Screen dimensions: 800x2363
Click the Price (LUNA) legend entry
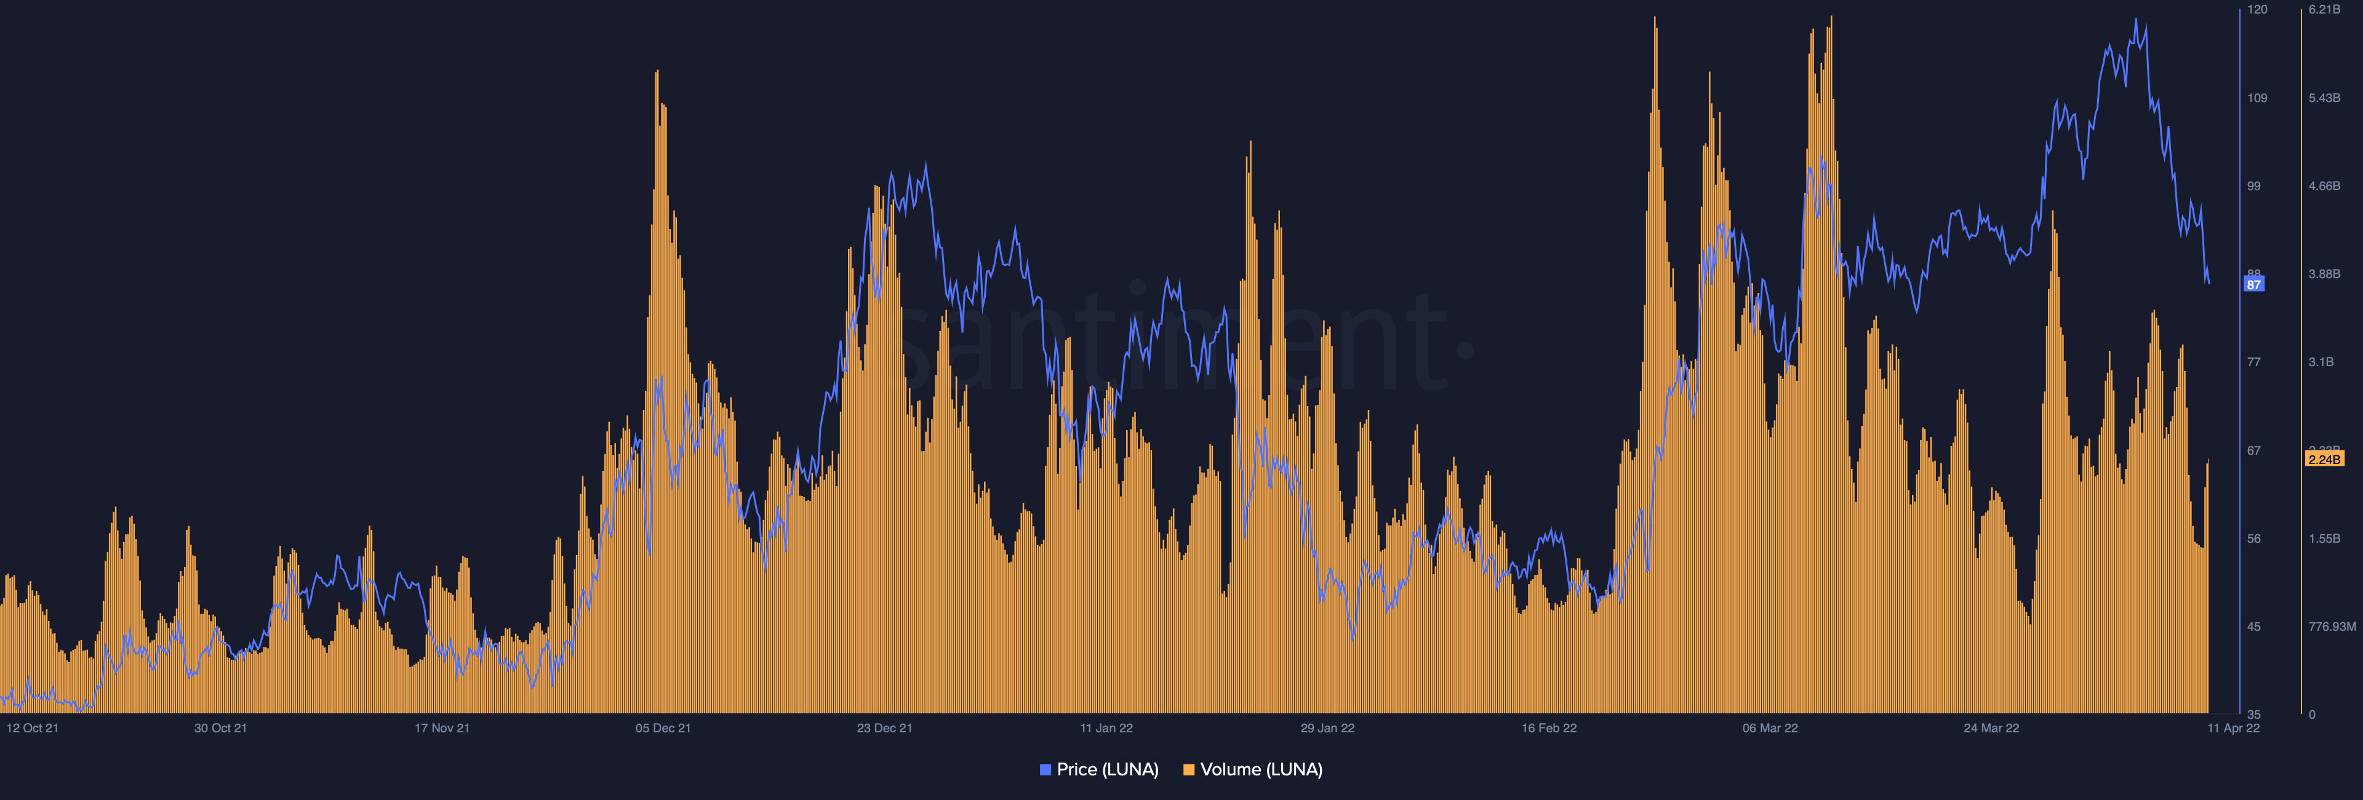(x=1099, y=770)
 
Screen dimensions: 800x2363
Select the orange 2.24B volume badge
(x=2324, y=458)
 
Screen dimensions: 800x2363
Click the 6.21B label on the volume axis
(x=2324, y=9)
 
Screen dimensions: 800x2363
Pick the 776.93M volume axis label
(x=2331, y=626)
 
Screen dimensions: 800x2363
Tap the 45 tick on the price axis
(x=2254, y=626)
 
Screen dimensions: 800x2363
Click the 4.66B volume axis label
(x=2324, y=186)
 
